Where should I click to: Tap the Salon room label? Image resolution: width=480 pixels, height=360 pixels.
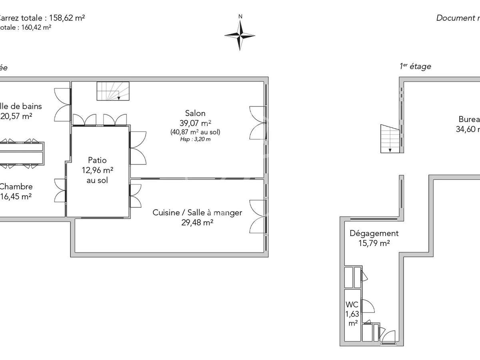point(195,113)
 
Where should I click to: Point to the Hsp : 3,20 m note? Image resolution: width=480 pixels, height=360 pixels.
point(195,139)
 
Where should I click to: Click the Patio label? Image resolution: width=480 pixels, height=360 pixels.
point(97,160)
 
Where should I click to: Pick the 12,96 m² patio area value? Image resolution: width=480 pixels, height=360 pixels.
point(98,170)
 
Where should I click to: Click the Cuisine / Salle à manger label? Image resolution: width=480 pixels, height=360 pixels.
point(197,212)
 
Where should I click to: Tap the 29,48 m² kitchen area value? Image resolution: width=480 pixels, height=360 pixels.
point(197,222)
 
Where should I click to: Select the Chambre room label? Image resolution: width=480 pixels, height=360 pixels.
point(16,186)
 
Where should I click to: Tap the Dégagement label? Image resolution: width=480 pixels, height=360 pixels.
point(374,233)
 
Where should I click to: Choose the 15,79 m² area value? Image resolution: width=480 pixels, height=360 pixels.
point(374,243)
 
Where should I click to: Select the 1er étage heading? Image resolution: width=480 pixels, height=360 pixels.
point(415,66)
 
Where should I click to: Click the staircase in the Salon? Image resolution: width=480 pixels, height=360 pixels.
point(114,91)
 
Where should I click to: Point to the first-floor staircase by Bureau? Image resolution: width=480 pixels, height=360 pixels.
point(390,138)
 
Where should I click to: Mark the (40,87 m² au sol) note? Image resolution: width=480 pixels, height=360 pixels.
point(195,132)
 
